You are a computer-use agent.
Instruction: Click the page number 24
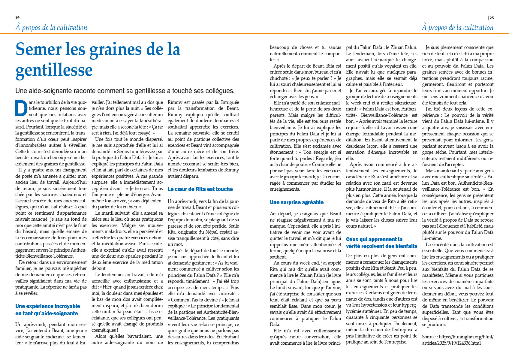point(17,17)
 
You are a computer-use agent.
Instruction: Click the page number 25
point(492,18)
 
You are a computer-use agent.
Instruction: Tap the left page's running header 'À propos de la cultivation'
point(51,28)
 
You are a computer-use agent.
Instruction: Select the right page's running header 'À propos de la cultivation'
point(457,28)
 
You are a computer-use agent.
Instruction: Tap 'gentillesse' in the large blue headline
point(54,70)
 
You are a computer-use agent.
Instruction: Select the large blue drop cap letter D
point(21,108)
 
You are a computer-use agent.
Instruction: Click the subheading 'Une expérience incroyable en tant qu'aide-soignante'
point(47,310)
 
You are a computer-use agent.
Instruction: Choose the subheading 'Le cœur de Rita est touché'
point(200,189)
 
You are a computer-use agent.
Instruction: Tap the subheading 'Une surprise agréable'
point(297,202)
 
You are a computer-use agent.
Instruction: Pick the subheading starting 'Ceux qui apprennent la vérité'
point(381,243)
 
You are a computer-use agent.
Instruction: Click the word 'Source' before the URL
point(429,337)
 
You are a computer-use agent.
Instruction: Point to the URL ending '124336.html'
point(457,340)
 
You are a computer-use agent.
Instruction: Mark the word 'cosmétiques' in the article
point(103,330)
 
